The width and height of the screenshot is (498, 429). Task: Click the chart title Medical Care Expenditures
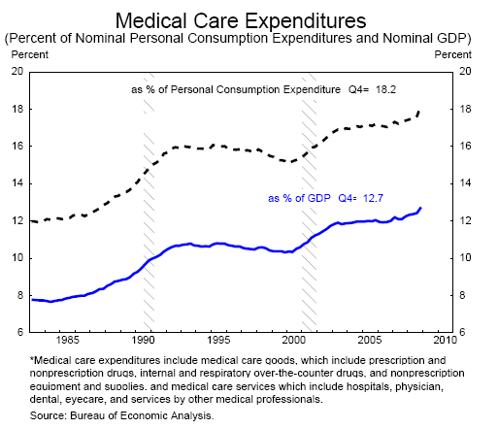click(x=241, y=21)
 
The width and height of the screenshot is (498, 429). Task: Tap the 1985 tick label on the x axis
click(x=67, y=340)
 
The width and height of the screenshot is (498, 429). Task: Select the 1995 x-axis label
click(x=218, y=340)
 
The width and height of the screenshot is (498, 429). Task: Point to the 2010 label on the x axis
click(x=446, y=340)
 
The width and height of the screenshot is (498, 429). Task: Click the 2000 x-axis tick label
click(x=294, y=340)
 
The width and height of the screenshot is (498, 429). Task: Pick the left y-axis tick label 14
click(x=17, y=183)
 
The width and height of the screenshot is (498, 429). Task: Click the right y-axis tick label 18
click(x=465, y=109)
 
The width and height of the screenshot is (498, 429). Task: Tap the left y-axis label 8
click(x=20, y=295)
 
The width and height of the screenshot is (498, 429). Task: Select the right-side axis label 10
click(x=465, y=258)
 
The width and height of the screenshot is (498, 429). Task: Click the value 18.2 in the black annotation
click(x=385, y=89)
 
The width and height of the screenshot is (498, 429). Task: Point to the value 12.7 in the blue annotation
click(x=373, y=198)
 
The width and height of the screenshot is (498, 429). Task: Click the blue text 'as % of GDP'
click(x=299, y=198)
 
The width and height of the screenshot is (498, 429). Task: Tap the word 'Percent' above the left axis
click(x=30, y=54)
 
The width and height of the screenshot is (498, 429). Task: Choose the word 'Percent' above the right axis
click(x=453, y=54)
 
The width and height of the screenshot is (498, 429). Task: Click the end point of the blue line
click(x=420, y=208)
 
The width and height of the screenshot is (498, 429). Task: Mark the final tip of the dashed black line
click(x=419, y=111)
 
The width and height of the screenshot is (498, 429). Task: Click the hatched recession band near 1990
click(x=149, y=202)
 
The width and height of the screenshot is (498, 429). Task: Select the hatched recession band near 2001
click(x=309, y=202)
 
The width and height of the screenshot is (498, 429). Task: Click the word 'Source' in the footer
click(x=48, y=415)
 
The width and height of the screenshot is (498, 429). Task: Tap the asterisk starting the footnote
click(x=32, y=358)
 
